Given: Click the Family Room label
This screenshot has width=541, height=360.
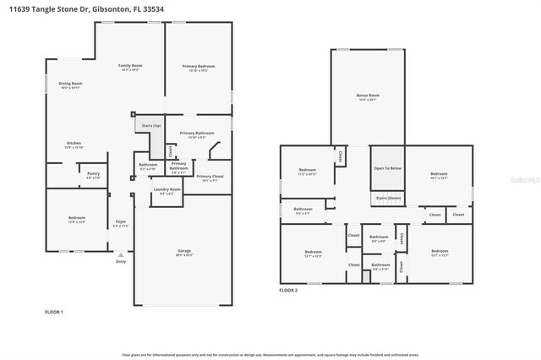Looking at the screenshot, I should point(130,66).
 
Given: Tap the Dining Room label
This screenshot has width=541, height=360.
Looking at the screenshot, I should point(70,84).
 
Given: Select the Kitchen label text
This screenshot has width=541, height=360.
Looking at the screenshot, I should point(74,144).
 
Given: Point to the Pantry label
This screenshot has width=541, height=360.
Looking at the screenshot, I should point(93,174).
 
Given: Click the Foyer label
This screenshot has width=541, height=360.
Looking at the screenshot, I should point(121,224).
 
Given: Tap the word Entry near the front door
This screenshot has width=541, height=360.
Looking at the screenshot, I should point(121,261).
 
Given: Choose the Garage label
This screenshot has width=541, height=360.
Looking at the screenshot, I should point(183,252).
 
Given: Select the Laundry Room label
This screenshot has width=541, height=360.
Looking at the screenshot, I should point(167,189).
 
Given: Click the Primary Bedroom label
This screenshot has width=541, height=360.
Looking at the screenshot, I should point(199,66).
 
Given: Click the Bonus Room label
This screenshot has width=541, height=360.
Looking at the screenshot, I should point(367,96).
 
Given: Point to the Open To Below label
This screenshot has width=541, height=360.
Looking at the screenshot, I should point(387,168).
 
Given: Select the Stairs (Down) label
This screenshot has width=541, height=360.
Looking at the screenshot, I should point(387,196).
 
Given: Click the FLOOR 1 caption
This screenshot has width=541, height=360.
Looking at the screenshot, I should point(54,312).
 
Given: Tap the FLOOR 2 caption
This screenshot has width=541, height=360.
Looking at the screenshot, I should point(288,290).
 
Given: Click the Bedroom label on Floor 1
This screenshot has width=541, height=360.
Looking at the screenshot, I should point(77,218).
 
